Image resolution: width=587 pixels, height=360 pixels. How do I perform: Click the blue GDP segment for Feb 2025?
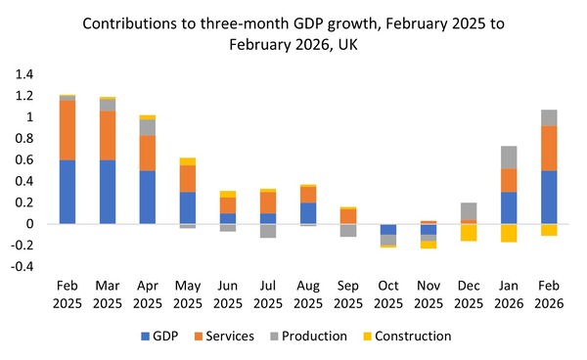coord(68,192)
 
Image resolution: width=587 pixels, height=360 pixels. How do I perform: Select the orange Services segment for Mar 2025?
coord(108,135)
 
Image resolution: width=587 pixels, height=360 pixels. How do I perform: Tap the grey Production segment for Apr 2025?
coord(148,127)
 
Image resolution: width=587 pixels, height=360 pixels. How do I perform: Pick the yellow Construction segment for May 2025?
coord(188,161)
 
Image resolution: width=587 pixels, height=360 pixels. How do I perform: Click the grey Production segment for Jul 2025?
coord(268,231)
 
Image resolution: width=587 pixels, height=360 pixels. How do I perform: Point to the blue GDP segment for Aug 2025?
coord(308,213)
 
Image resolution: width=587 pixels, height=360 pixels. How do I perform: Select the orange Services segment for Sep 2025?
coord(348,216)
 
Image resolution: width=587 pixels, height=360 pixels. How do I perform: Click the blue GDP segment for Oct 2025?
coord(388,229)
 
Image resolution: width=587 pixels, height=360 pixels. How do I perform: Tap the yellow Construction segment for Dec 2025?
coord(469,233)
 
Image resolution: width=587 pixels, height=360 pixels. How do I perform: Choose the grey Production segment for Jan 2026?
coord(509,157)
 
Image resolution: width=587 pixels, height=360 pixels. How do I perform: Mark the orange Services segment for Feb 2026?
coord(549,148)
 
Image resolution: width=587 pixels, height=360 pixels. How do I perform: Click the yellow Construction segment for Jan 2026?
coord(509,233)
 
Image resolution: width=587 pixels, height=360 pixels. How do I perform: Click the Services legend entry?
coord(224,337)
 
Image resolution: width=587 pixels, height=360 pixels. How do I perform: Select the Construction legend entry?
coord(407,337)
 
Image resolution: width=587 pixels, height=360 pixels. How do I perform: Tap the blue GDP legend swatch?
coord(145,337)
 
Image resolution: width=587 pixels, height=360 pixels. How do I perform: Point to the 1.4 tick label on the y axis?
coord(24,74)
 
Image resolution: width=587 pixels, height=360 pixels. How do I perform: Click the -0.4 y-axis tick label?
coord(23,266)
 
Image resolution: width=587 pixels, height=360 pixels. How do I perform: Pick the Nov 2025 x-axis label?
coord(429,294)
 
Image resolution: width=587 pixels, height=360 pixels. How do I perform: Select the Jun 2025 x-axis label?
coord(228,294)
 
